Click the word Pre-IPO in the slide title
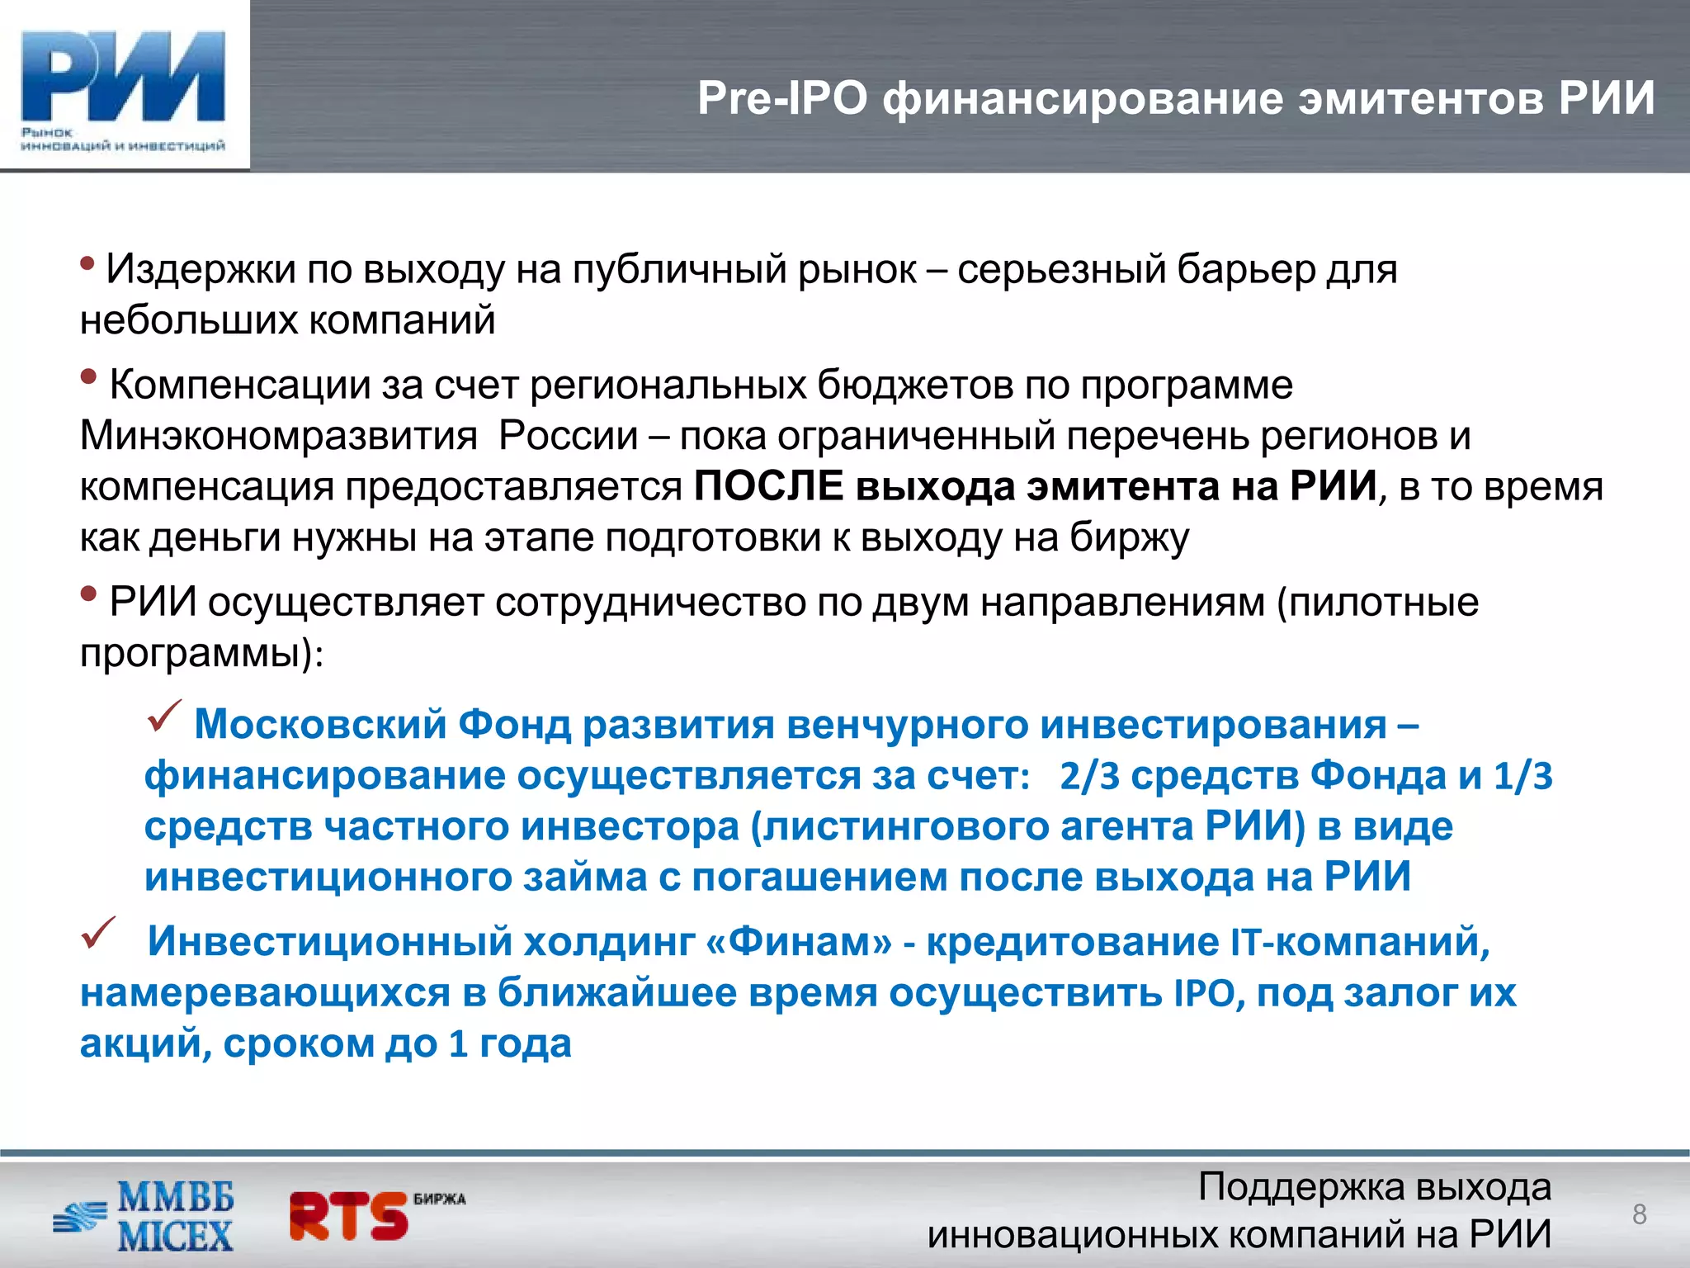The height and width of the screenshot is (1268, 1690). pyautogui.click(x=781, y=98)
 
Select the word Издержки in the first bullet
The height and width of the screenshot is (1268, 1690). pyautogui.click(x=201, y=269)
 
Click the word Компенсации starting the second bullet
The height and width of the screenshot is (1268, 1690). pyautogui.click(x=239, y=385)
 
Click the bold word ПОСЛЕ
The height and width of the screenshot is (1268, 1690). pyautogui.click(x=768, y=485)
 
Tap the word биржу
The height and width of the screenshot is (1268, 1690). pyautogui.click(x=1130, y=537)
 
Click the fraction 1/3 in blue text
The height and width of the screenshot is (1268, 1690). pyautogui.click(x=1523, y=776)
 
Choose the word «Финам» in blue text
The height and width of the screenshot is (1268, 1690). pyautogui.click(x=800, y=941)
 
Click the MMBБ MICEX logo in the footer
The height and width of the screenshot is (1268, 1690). pyautogui.click(x=144, y=1217)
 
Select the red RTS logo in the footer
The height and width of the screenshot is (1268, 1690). pyautogui.click(x=351, y=1216)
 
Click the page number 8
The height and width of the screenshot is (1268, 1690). pyautogui.click(x=1640, y=1214)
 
